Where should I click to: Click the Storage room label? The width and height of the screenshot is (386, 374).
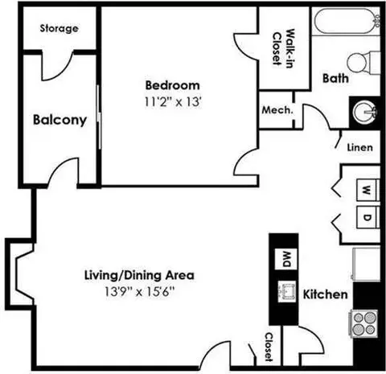60,29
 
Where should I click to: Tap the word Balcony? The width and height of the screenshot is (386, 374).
60,121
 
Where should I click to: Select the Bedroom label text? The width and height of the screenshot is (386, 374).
173,86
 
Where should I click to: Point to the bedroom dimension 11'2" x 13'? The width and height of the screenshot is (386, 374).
173,101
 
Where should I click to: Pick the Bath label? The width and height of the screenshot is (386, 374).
335,79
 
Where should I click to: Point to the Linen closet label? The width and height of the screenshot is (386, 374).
359,148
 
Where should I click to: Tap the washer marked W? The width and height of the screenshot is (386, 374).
366,190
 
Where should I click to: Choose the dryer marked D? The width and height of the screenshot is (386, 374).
366,217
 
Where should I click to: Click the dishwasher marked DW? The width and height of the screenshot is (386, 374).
284,258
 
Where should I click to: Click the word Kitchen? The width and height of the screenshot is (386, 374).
325,294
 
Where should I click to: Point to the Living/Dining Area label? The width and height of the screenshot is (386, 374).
139,275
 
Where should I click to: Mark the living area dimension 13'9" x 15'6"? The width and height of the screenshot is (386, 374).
139,290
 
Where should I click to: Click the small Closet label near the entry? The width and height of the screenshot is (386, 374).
270,346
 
